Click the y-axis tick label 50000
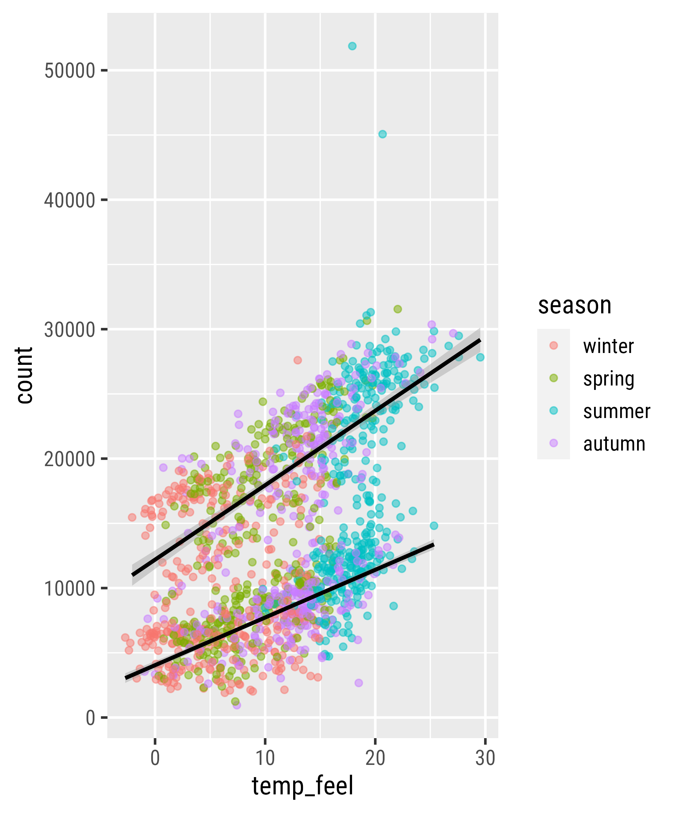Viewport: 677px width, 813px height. click(70, 71)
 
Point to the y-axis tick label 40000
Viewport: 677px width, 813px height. click(70, 200)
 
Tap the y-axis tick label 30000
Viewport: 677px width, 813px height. click(70, 330)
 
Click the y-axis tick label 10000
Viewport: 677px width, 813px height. click(70, 588)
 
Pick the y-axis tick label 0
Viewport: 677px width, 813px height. click(90, 718)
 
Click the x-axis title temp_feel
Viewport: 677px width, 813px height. click(303, 787)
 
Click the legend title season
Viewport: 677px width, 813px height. click(574, 306)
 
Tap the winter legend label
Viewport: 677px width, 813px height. click(608, 346)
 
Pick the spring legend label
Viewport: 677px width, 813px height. click(609, 379)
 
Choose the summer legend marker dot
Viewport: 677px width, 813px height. click(553, 411)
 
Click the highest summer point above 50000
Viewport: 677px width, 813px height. click(352, 46)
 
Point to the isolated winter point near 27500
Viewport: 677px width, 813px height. click(298, 360)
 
